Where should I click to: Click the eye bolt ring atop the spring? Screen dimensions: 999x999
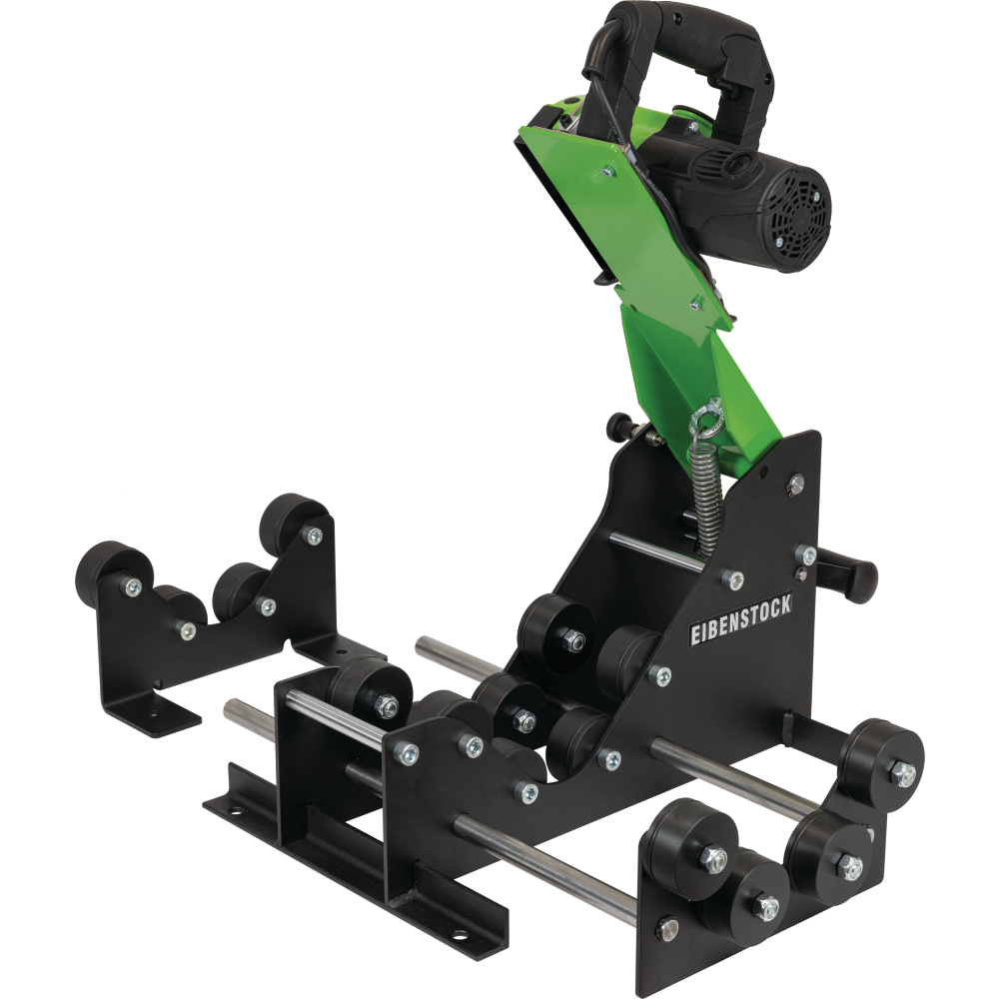[708, 413]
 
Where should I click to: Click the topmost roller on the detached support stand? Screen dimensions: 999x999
[295, 518]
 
